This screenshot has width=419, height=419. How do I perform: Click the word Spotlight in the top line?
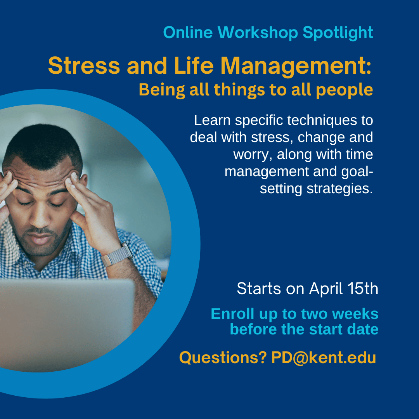[338, 33]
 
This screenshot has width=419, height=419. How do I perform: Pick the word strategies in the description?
[339, 189]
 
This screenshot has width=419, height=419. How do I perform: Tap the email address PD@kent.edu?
[324, 358]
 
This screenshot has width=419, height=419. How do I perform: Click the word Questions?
[223, 358]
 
